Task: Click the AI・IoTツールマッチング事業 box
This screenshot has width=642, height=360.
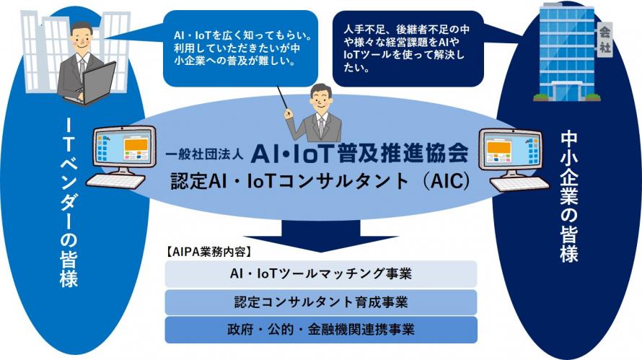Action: [x=321, y=273]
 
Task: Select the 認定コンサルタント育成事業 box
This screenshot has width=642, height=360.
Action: [x=321, y=302]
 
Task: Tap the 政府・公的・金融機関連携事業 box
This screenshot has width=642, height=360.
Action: [x=321, y=330]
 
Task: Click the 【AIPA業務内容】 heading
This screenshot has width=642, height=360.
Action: [x=208, y=252]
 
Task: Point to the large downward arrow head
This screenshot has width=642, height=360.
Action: [x=321, y=244]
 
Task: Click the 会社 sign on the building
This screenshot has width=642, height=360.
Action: [x=604, y=40]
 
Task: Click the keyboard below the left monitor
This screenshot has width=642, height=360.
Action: [x=116, y=181]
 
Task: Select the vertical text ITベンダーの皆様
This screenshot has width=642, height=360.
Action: [x=69, y=203]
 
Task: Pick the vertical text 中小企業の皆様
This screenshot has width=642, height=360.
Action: [x=569, y=196]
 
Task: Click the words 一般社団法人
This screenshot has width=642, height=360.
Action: [x=204, y=154]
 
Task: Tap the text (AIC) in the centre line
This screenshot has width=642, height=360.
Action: [x=447, y=181]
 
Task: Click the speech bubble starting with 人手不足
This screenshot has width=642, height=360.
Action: [x=408, y=48]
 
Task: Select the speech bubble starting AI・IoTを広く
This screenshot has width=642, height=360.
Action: [x=241, y=48]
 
